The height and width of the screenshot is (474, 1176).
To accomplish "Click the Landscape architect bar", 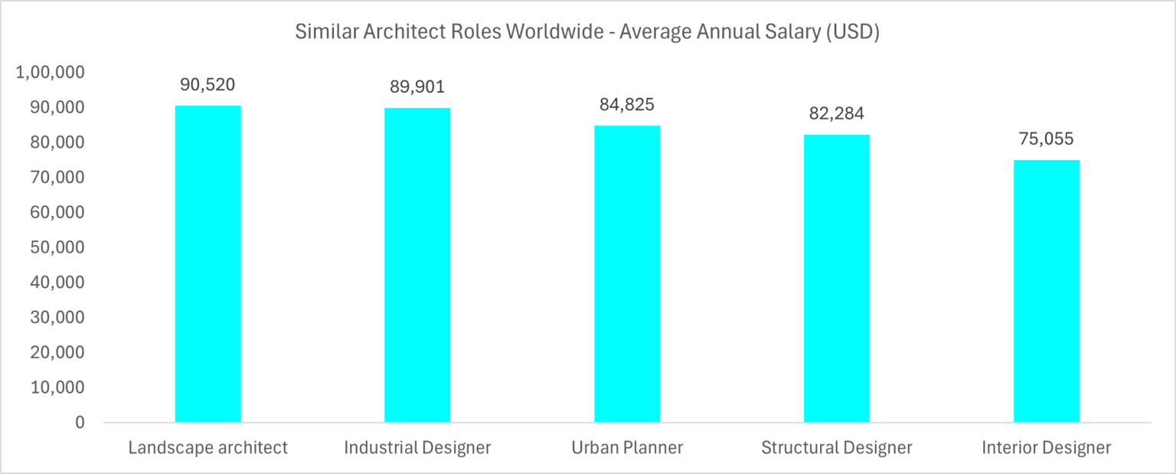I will click(208, 264).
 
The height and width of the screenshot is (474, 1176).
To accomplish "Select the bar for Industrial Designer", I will click(417, 265).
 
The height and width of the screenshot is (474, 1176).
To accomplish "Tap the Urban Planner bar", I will click(627, 274).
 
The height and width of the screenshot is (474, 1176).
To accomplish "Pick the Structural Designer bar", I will click(837, 279).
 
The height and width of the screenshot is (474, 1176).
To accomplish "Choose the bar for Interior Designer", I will click(1047, 291).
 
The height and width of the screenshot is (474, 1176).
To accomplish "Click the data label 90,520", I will click(208, 84).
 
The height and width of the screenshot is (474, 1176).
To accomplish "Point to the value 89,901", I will click(417, 87).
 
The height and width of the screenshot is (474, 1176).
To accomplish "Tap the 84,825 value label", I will click(627, 104).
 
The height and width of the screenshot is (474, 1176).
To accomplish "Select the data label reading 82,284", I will click(837, 113).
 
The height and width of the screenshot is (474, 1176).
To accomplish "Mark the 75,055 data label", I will click(1047, 139).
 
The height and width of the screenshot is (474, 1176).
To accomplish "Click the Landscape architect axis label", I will click(208, 448).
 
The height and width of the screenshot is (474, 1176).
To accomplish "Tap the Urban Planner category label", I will click(627, 448).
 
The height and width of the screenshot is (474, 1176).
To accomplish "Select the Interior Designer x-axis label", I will click(1047, 448).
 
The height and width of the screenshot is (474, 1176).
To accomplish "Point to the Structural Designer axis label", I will click(837, 448).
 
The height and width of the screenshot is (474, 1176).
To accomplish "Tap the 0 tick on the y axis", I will click(80, 423).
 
